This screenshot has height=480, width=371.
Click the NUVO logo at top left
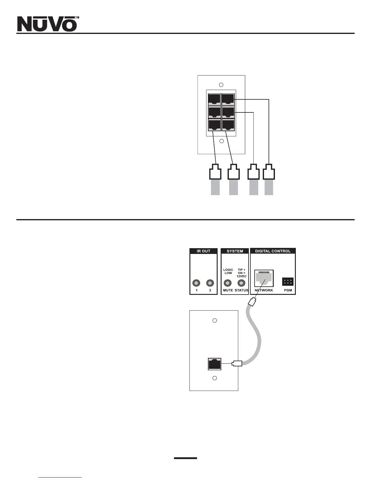coord(47,24)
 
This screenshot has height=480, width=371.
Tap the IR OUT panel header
coord(203,251)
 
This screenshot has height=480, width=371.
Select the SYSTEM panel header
coord(235,251)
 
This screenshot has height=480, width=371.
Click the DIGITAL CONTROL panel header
coord(273,251)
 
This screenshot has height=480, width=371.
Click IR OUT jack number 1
coord(196,283)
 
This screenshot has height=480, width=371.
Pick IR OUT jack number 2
coord(210,283)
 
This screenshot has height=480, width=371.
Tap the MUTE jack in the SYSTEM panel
coord(228,283)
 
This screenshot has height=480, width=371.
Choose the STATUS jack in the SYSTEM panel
coord(241,283)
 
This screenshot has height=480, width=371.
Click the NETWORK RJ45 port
coord(264,278)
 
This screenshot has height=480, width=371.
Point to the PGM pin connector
coord(288,282)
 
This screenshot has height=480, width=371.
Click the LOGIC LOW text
coord(228,271)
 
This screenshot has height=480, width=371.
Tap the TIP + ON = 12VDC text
coord(242,273)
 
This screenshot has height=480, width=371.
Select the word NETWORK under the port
coord(264,290)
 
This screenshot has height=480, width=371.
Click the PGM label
coord(288,290)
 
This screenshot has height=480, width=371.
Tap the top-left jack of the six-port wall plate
coord(214,99)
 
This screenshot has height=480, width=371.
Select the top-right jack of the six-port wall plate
coord(228,99)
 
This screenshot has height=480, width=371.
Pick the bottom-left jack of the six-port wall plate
coord(214,125)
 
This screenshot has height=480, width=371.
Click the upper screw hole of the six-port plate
coord(221,85)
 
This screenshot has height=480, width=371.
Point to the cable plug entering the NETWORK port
coord(252,302)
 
